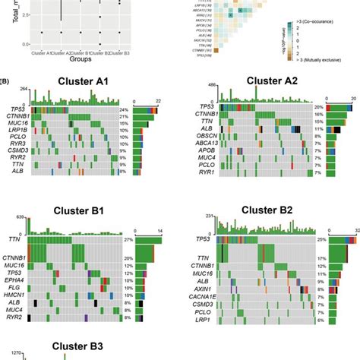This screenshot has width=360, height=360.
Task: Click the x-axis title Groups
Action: coord(65,58)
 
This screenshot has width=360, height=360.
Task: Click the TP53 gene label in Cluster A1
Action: coord(16,110)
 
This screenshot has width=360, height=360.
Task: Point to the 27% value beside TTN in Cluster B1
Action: coord(130,239)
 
